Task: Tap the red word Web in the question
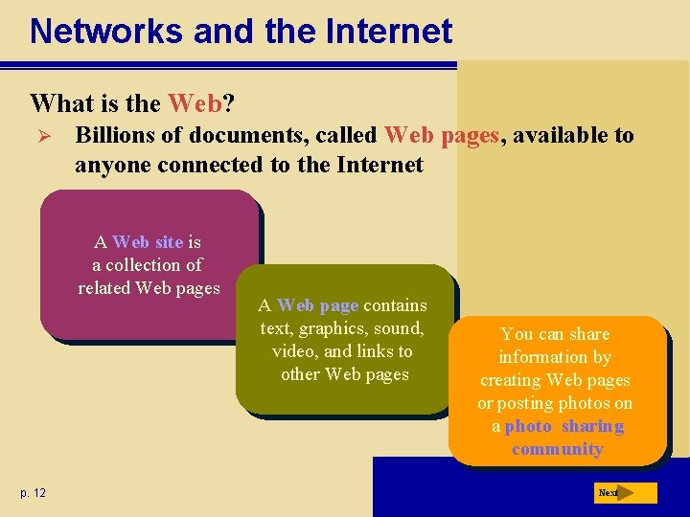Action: coord(195,102)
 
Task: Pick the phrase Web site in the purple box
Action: coord(148,242)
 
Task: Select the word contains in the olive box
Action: coord(395,305)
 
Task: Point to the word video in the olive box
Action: coord(292,351)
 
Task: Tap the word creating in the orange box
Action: coord(510,380)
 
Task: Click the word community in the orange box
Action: coord(557,449)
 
